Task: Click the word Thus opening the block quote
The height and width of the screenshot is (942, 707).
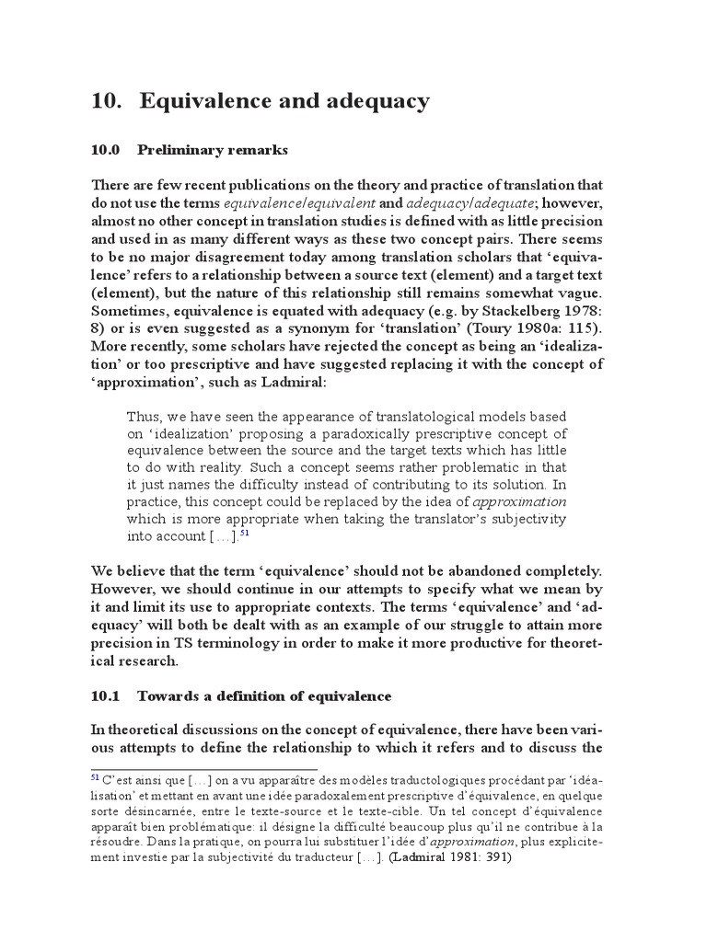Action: tap(144, 416)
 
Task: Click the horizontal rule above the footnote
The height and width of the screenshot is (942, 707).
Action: tap(203, 770)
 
